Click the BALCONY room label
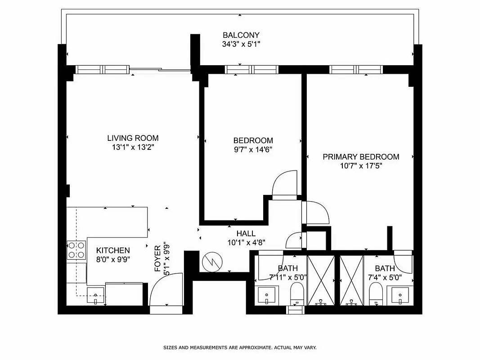pos(241,35)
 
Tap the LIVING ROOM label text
pos(133,138)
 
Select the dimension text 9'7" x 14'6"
pos(253,149)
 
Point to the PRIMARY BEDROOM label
pos(361,157)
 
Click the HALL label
pos(246,233)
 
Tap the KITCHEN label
pos(113,250)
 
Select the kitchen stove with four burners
pos(76,250)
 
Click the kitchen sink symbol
pos(95,297)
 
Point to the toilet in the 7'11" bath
pos(297,296)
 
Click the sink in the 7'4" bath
pos(400,296)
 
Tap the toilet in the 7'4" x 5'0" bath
pos(376,296)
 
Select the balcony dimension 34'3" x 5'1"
pos(241,44)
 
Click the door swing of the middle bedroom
pos(284,183)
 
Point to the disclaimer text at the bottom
pos(240,348)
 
